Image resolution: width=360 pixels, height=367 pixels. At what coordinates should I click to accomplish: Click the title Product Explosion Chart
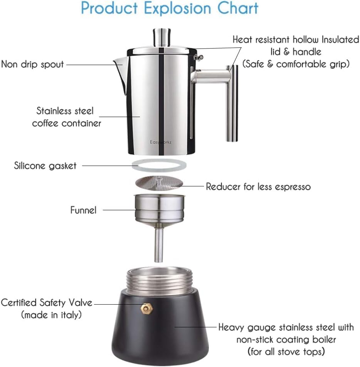(x=170, y=8)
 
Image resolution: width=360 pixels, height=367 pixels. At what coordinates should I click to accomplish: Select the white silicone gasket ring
(x=159, y=166)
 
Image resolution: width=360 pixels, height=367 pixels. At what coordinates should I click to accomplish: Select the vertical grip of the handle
(x=233, y=108)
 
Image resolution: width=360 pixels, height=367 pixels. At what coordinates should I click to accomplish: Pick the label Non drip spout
(x=32, y=64)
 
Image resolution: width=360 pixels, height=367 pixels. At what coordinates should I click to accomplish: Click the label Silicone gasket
(x=45, y=166)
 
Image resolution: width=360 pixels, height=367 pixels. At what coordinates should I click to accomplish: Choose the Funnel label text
(x=83, y=210)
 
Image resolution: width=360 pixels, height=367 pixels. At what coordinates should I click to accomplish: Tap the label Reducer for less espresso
(x=258, y=187)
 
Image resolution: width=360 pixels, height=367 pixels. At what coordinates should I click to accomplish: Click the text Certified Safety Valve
(x=47, y=303)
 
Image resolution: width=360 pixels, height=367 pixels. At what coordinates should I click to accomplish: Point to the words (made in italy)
(x=51, y=315)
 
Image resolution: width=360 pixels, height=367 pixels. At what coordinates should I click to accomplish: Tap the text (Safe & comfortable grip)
(x=296, y=64)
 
